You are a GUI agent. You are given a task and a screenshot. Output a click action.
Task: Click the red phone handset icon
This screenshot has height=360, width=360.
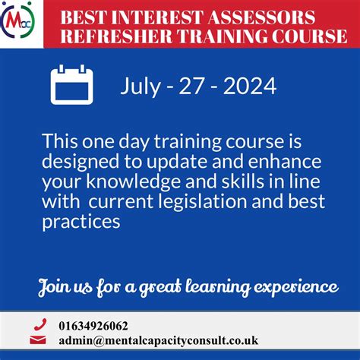tap(40, 325)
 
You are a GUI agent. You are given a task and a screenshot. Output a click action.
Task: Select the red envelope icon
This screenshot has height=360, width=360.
tap(40, 341)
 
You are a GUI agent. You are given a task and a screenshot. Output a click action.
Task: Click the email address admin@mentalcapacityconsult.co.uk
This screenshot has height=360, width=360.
tap(157, 341)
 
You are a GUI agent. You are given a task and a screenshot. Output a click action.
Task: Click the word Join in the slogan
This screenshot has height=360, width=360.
tap(55, 286)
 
